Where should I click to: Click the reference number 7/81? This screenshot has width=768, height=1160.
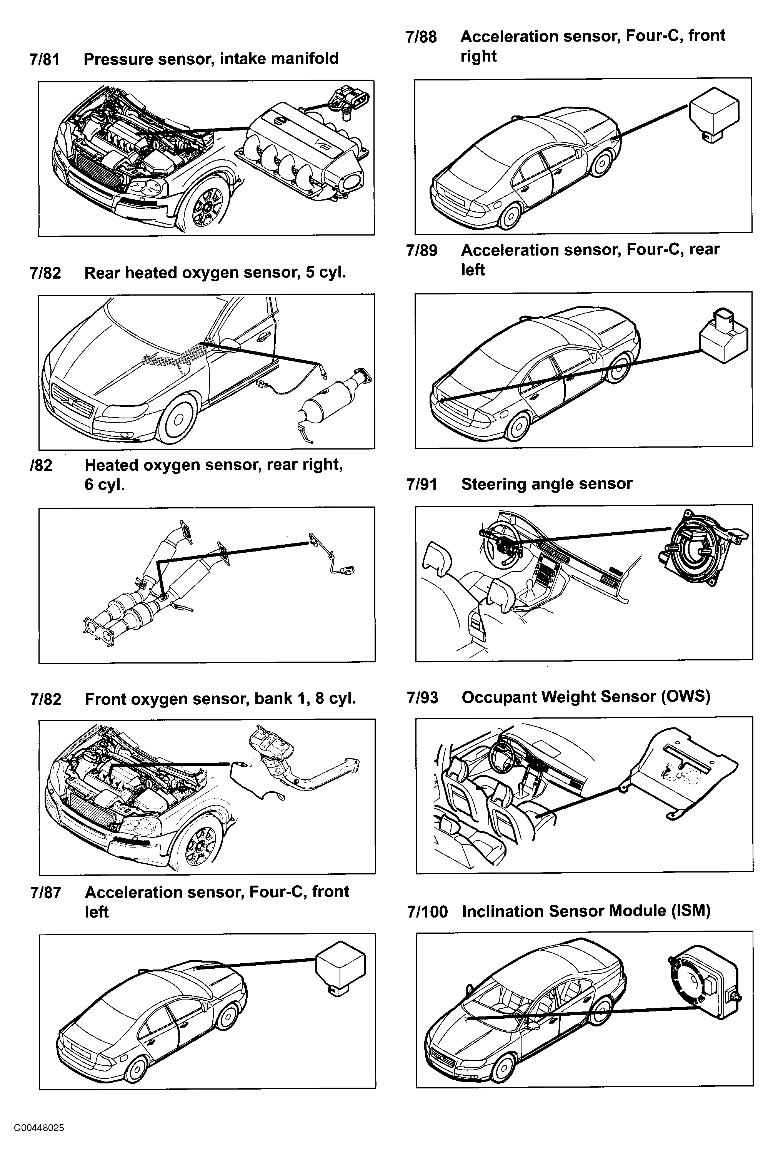(45, 60)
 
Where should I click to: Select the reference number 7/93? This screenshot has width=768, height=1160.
(422, 697)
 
